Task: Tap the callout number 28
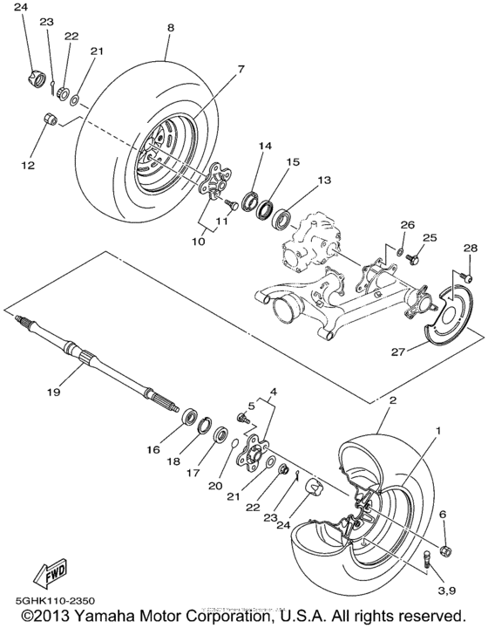point(471,249)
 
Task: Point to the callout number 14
point(265,146)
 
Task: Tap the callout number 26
point(405,224)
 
